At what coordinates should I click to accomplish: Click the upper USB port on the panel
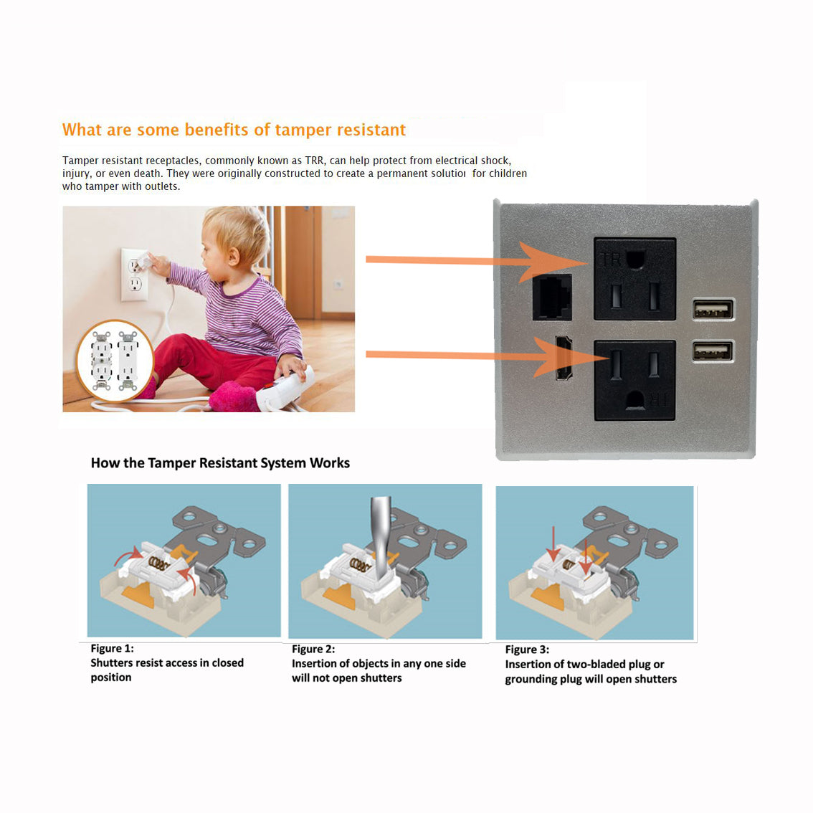(713, 310)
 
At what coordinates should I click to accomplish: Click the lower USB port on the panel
(713, 351)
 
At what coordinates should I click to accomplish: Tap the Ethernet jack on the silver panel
(552, 297)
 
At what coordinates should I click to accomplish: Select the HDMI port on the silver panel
(563, 357)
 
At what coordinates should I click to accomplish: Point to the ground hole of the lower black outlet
(635, 399)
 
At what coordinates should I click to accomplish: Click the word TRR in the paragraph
(314, 160)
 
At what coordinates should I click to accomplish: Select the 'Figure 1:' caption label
(112, 648)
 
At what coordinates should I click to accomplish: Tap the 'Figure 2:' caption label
(313, 649)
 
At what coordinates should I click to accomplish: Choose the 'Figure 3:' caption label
(527, 649)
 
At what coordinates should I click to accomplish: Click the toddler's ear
(233, 256)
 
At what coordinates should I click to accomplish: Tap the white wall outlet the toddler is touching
(135, 275)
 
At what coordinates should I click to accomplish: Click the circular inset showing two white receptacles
(115, 361)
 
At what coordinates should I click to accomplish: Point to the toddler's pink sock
(234, 397)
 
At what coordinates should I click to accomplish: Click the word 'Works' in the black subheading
(330, 462)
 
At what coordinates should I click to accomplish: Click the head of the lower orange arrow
(570, 357)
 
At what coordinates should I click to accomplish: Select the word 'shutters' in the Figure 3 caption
(655, 679)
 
